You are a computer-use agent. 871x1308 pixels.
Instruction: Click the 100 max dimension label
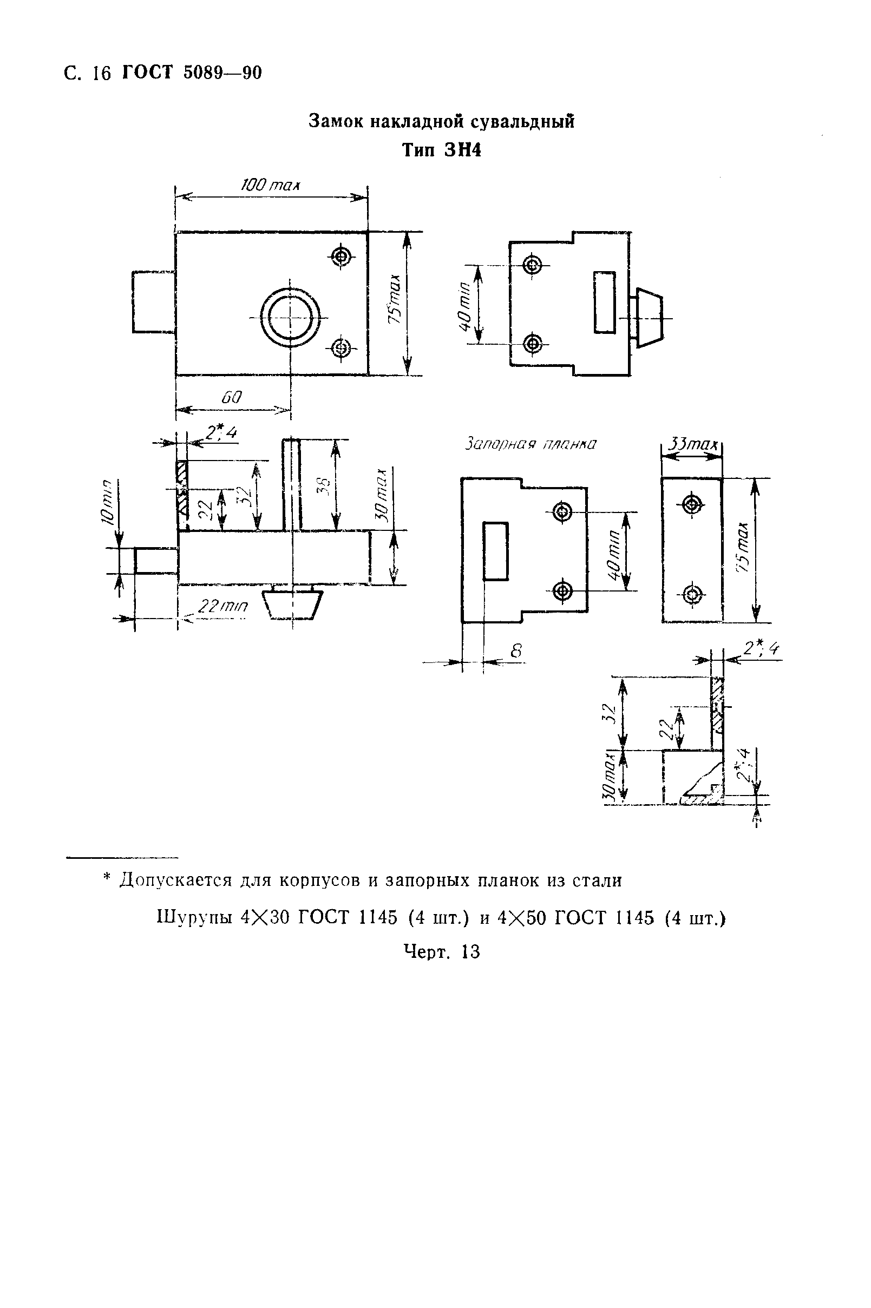[x=270, y=185]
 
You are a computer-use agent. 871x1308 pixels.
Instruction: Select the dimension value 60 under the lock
[x=232, y=398]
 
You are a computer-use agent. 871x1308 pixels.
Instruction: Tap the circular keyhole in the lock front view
[x=291, y=318]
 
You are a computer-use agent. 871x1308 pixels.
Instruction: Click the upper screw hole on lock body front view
[x=340, y=257]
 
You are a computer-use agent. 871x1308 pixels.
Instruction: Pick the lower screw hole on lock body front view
[x=340, y=349]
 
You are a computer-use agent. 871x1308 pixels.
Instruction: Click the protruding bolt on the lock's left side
[x=154, y=302]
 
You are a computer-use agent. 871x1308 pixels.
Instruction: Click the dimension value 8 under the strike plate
[x=516, y=651]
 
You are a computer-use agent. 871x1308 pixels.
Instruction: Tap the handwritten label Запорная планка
[x=530, y=444]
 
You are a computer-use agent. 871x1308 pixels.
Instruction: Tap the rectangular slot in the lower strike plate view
[x=495, y=551]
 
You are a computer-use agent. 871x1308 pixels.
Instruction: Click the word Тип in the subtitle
[x=419, y=150]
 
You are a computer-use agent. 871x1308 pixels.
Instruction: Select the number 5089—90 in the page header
[x=221, y=73]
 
